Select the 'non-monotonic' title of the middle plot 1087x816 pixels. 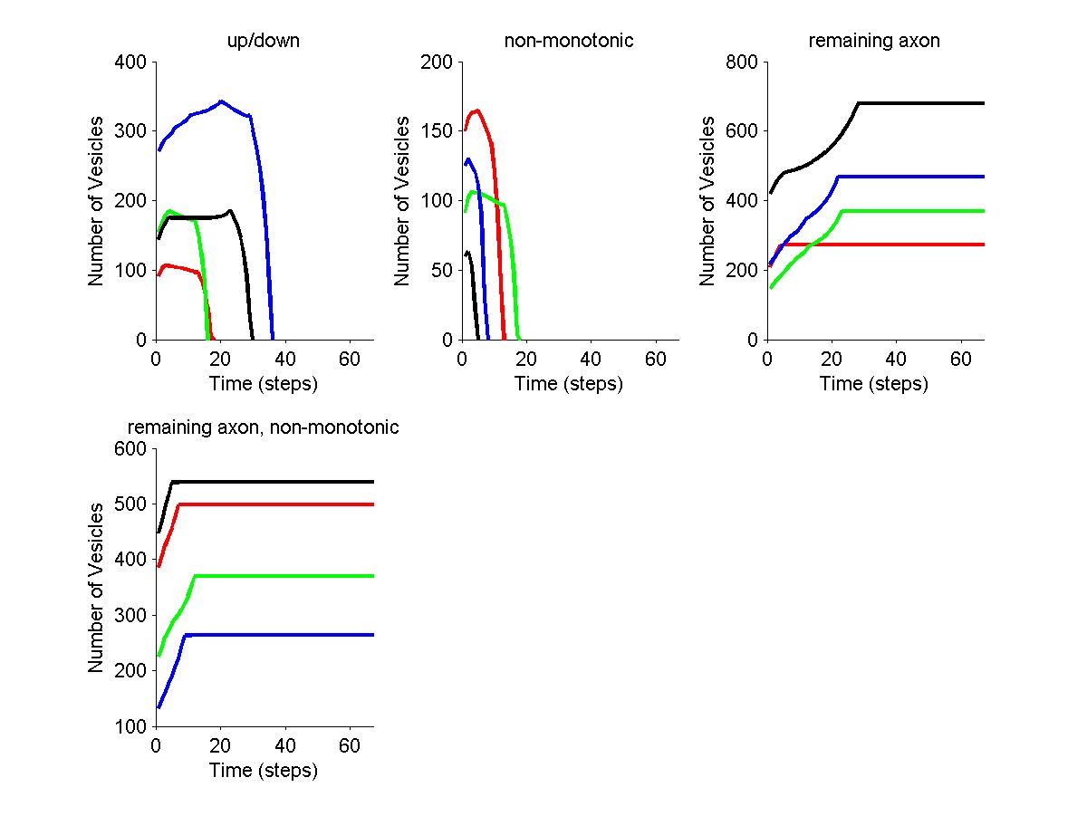(568, 41)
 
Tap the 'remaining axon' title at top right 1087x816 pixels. (874, 41)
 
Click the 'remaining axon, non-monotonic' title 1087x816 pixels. (263, 427)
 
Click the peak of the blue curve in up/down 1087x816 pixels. (221, 101)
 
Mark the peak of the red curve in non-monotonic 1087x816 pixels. (476, 110)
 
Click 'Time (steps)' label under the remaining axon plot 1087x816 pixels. (874, 384)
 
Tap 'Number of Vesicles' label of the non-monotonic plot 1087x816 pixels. (402, 201)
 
